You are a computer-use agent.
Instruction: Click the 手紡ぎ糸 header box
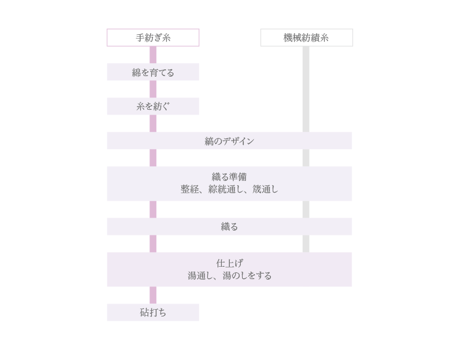coord(153,37)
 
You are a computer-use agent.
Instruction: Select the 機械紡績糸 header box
coord(306,37)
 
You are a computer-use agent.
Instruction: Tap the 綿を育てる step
coord(153,72)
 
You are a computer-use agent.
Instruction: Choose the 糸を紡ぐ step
coord(153,106)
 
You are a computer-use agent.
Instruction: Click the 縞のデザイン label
coord(229,141)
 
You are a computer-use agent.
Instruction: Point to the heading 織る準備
coord(229,177)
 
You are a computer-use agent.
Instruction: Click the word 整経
coord(190,190)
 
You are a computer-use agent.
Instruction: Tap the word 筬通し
coord(265,190)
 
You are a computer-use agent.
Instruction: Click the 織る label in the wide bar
coord(229,227)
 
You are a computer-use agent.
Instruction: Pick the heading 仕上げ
coord(229,263)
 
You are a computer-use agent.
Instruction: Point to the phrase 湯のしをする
coord(247,275)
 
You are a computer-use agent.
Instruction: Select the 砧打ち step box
coord(153,313)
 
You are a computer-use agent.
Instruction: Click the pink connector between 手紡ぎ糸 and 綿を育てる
coord(153,55)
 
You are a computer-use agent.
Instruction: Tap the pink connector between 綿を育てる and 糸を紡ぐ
coord(153,89)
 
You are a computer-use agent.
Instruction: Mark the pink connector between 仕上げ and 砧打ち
coord(153,295)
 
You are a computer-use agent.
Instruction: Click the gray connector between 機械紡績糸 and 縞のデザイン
coord(306,89)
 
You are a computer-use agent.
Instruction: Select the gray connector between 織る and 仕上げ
coord(306,243)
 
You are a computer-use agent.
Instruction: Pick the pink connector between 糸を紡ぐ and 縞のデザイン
coord(153,123)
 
